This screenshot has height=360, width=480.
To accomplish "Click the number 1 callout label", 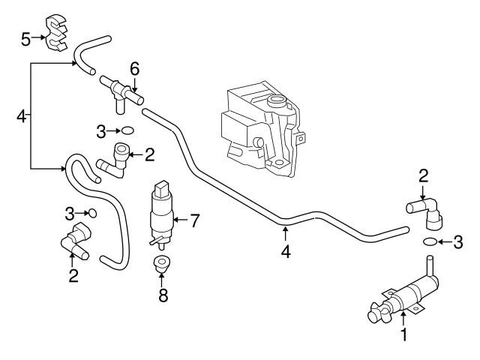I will pos(404,335).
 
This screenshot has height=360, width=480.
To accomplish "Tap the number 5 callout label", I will pos(25,37).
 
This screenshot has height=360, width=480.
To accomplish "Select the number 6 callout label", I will pos(135,68).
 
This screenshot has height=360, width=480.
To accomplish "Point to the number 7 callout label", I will pos(194,220).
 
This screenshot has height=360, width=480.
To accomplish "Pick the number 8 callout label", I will pos(163,294).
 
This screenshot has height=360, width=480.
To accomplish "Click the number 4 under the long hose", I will pos(285,252).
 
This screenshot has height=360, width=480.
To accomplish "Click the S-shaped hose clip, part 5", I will pos(53,31).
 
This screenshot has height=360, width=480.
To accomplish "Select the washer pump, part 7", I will pos(160,211).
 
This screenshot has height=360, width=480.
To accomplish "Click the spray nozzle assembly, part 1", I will pos(401,296).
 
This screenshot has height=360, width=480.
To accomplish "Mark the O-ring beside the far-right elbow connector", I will pos(430,241).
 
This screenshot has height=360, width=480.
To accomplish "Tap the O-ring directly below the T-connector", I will pos(127,130).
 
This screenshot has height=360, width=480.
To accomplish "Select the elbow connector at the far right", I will pos(427,211).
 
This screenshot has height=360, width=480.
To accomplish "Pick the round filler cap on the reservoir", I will pos(275,103).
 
